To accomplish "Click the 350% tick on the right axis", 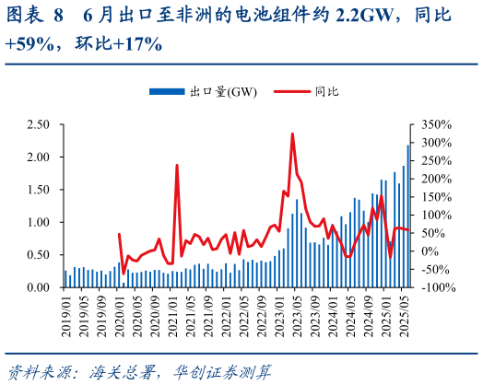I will [x=435, y=124].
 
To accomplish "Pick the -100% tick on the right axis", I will [x=437, y=287].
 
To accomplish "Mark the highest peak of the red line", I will [x=292, y=134].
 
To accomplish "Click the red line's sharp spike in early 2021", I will [x=177, y=166].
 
